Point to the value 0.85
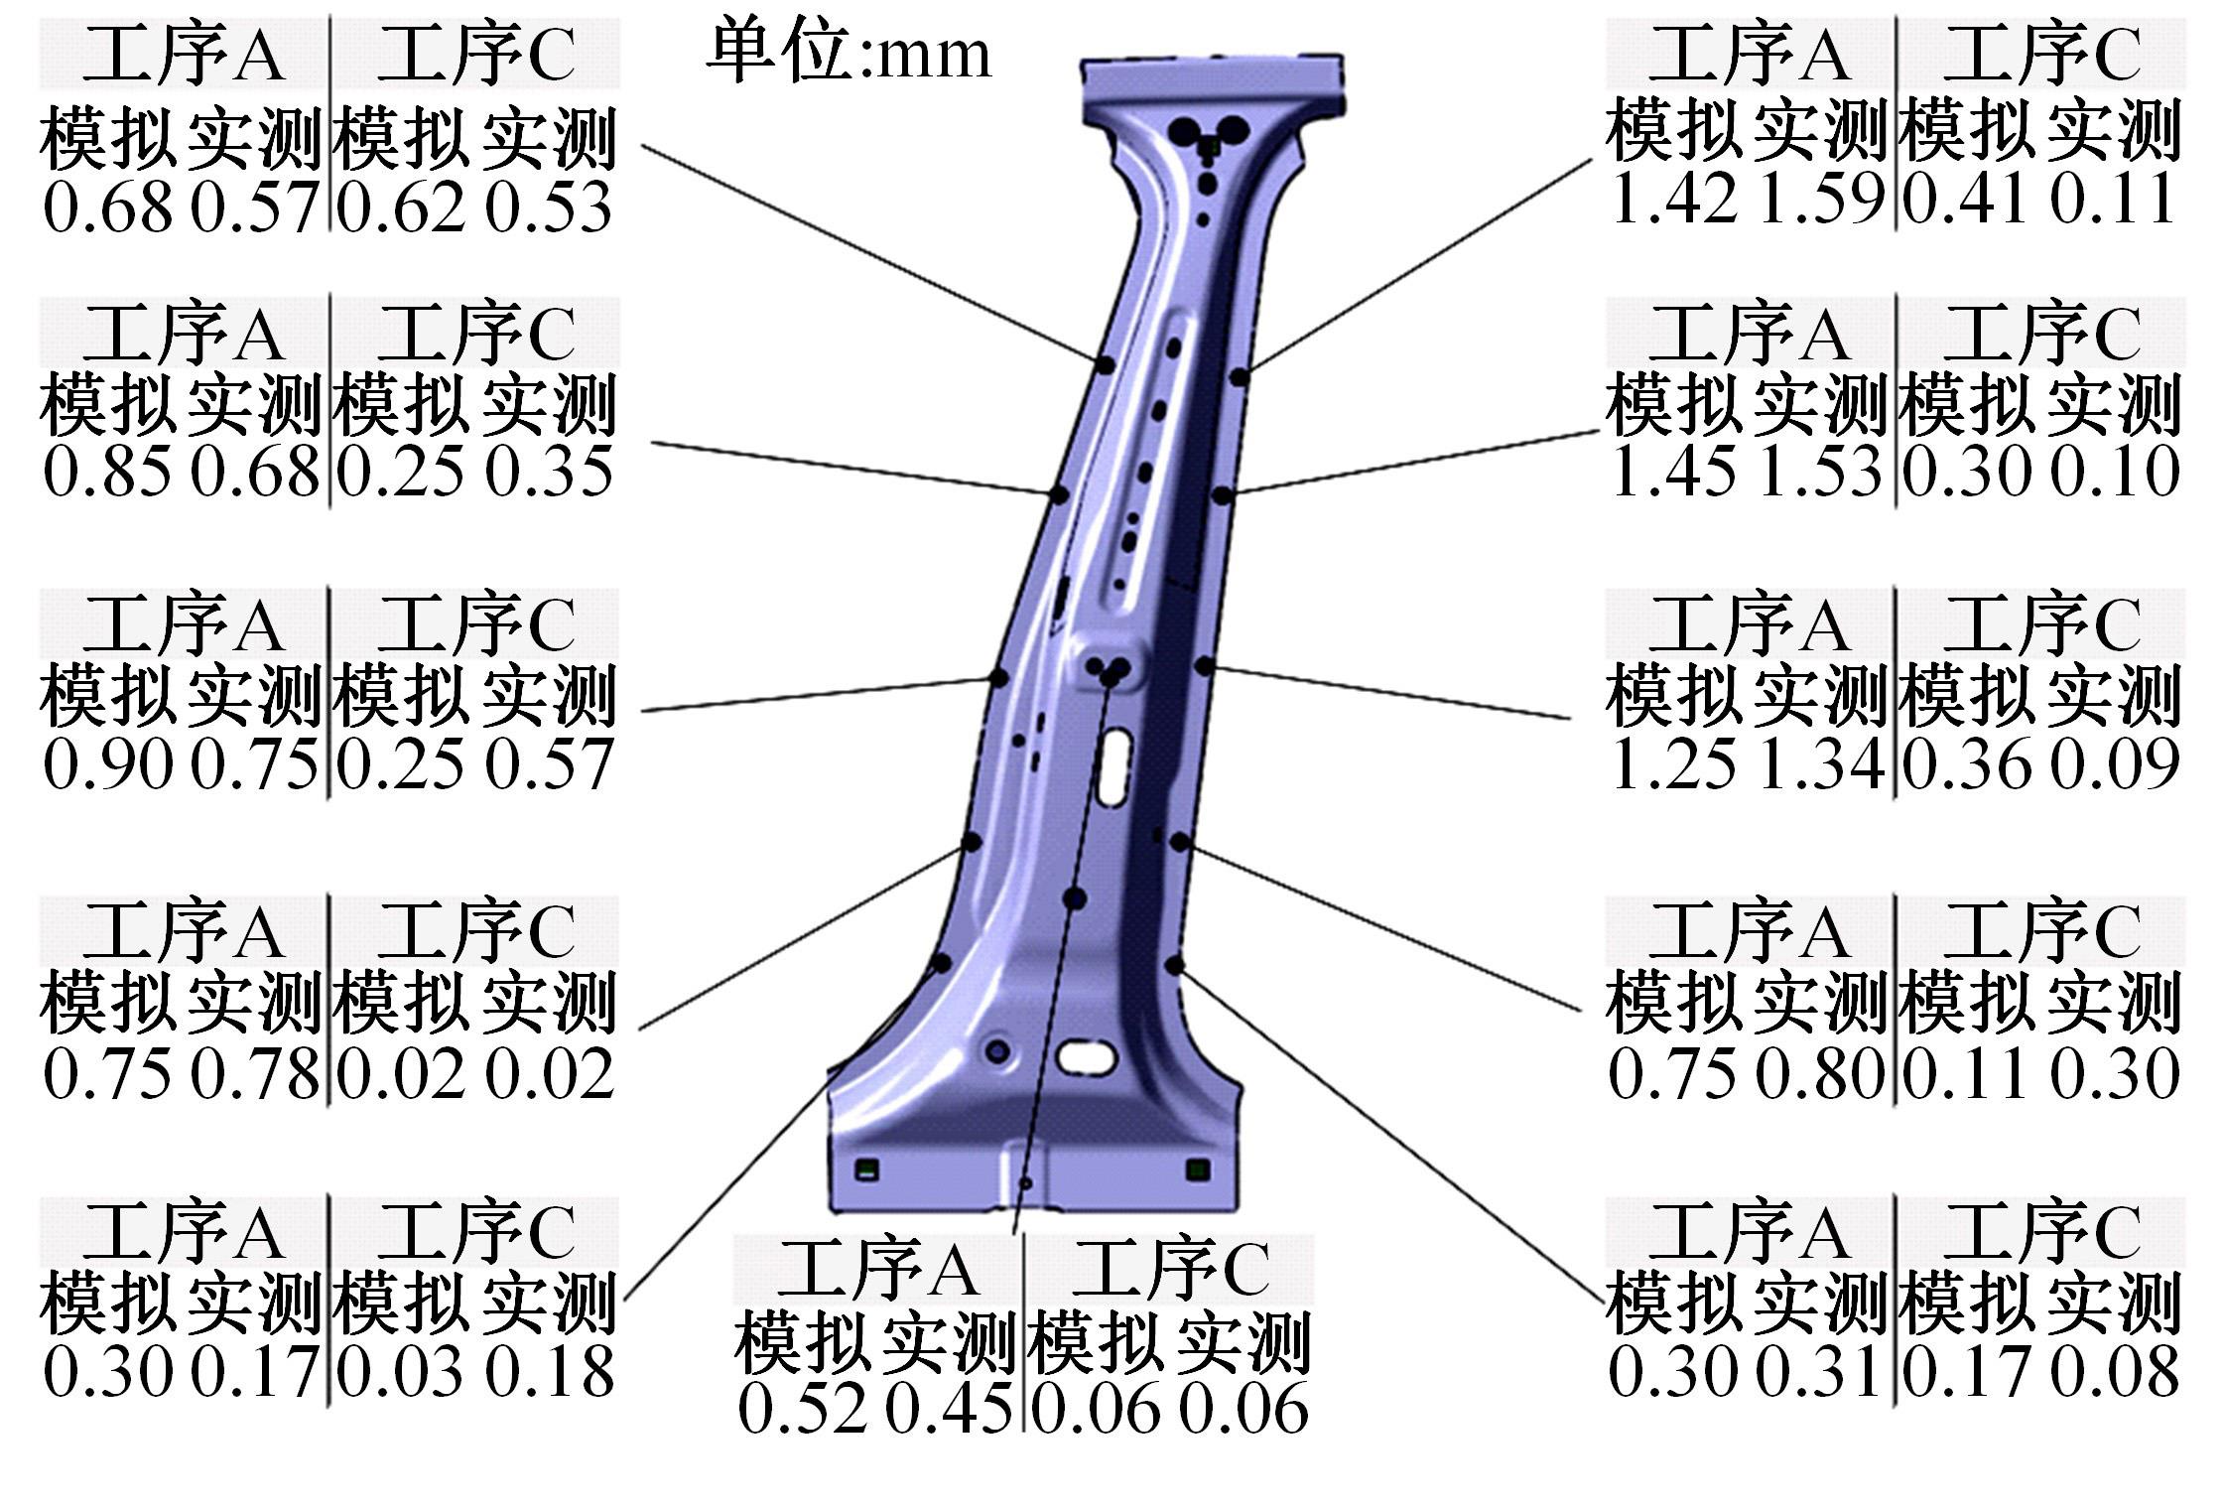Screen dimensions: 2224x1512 coord(107,471)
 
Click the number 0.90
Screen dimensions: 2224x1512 coord(107,764)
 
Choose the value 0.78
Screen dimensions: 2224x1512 coord(255,1073)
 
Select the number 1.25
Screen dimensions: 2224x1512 coord(1673,764)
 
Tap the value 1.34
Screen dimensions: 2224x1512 coord(1819,764)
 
